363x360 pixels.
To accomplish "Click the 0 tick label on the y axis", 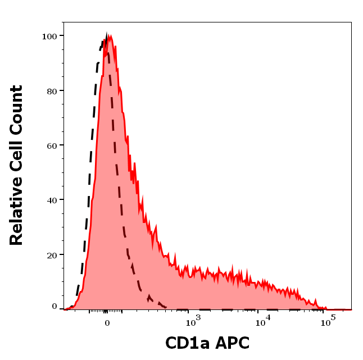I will click(x=55, y=307).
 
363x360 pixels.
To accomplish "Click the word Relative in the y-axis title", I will click(x=16, y=216).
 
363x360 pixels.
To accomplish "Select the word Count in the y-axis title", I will click(x=16, y=110).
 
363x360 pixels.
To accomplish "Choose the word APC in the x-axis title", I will click(x=230, y=343).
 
